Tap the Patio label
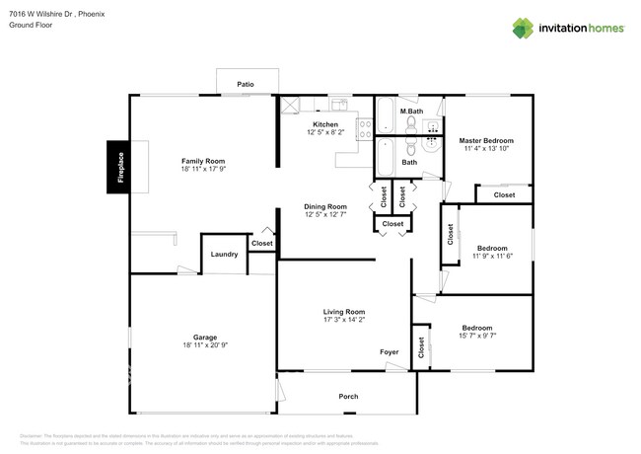point(246,85)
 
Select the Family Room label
point(203,161)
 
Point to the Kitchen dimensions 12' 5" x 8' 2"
point(325,133)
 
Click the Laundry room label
point(224,255)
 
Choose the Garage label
point(205,337)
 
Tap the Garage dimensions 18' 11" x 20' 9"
point(205,345)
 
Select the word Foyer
point(390,352)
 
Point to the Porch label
point(348,397)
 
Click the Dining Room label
point(324,206)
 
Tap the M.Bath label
point(411,112)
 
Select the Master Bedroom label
point(486,141)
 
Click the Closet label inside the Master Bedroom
point(504,195)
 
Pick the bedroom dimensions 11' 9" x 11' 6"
point(492,257)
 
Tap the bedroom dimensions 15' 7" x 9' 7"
point(477,337)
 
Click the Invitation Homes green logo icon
point(523,28)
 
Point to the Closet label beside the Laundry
point(262,243)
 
